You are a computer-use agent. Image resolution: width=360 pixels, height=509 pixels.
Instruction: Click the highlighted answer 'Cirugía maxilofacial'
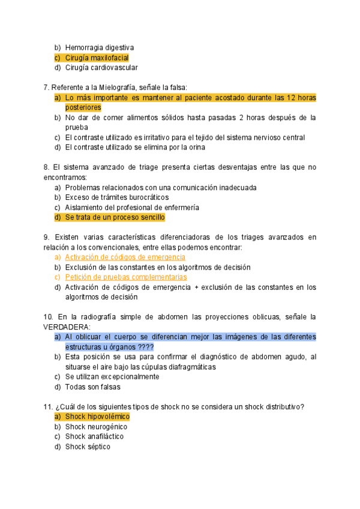tap(97, 58)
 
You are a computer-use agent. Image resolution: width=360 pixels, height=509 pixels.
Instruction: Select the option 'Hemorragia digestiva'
tap(99, 47)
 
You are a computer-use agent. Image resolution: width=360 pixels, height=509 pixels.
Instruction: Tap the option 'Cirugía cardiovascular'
tap(101, 68)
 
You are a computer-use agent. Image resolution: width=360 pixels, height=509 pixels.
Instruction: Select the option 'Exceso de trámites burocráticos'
tap(117, 197)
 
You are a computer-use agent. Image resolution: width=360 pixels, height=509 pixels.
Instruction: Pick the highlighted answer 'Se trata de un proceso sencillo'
tap(115, 217)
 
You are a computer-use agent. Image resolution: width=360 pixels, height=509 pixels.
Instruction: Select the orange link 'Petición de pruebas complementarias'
tap(125, 277)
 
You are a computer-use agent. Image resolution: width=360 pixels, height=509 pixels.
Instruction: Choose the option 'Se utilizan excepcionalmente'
tap(112, 377)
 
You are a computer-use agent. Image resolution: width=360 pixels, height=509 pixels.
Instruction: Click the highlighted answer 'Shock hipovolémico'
tap(97, 417)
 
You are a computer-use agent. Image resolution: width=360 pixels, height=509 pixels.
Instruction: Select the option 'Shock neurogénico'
tap(96, 427)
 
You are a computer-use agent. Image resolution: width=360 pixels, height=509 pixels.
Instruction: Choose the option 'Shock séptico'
tap(88, 447)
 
